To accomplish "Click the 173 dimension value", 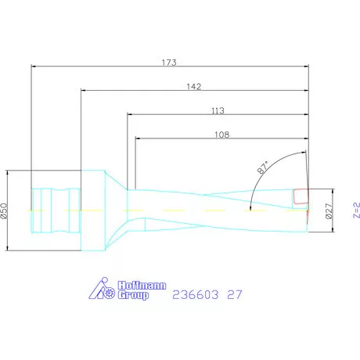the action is tap(169, 63).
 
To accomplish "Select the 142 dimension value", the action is tap(194, 86).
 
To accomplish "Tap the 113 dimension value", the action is tap(218, 110).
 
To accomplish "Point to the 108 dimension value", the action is tap(222, 135).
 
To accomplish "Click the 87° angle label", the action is tap(262, 167).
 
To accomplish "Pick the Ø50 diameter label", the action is tap(4, 211).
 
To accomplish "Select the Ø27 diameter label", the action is tap(329, 211).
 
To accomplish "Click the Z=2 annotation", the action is tap(357, 211).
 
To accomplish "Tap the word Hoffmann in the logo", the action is tap(142, 286).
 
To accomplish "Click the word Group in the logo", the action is tap(133, 295).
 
